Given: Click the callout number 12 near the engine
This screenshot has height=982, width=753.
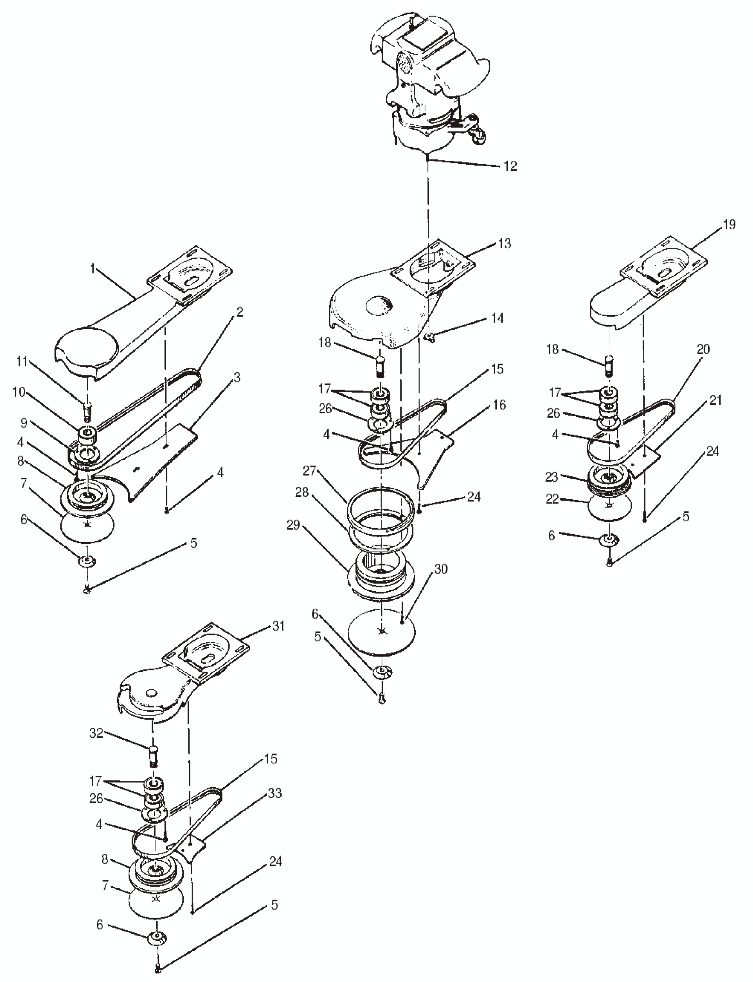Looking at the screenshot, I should pyautogui.click(x=510, y=166).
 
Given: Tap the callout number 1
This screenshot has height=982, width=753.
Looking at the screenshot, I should pyautogui.click(x=93, y=269).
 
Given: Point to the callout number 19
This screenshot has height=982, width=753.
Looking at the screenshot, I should pyautogui.click(x=729, y=224).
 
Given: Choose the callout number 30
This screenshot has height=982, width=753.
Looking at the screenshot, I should pyautogui.click(x=441, y=569).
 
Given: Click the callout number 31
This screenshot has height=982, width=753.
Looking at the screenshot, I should pyautogui.click(x=278, y=626).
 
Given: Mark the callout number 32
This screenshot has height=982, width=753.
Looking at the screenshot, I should pyautogui.click(x=96, y=733).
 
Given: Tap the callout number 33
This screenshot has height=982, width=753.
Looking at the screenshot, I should pyautogui.click(x=275, y=793).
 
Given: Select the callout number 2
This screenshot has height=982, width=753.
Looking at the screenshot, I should pyautogui.click(x=240, y=312).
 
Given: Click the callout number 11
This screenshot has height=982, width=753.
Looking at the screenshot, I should pyautogui.click(x=22, y=362).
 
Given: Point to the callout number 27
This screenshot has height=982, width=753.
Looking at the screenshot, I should pyautogui.click(x=309, y=471).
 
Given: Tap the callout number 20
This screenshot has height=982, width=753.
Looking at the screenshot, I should pyautogui.click(x=703, y=349).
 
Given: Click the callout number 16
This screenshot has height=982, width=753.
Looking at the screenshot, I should pyautogui.click(x=499, y=405).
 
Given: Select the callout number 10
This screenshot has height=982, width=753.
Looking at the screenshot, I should pyautogui.click(x=18, y=392).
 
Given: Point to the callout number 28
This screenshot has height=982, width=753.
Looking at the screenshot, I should pyautogui.click(x=302, y=492).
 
